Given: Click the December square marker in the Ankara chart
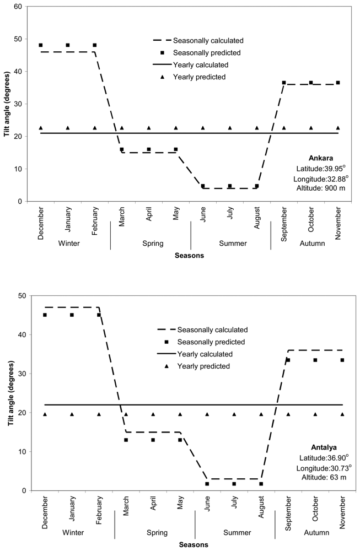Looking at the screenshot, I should (x=41, y=45).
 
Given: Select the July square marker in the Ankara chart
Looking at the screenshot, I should (x=230, y=186).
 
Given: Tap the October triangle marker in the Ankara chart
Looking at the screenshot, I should (x=311, y=128).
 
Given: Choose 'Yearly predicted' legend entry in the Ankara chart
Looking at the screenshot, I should (x=199, y=77).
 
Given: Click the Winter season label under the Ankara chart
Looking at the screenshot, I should (x=67, y=243).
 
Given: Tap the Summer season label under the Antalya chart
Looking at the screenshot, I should (x=235, y=532).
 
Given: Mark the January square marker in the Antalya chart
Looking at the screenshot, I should (x=72, y=315).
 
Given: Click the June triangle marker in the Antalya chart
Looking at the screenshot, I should (x=207, y=414).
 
